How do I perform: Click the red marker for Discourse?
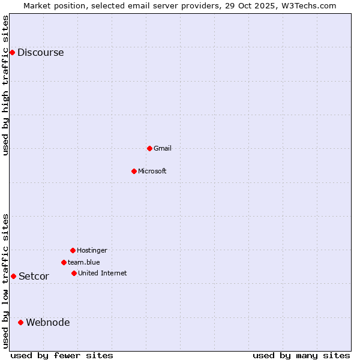(12, 52)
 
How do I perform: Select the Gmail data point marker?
(149, 148)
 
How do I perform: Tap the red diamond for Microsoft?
(134, 171)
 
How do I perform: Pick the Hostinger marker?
(73, 250)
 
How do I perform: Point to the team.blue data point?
(64, 262)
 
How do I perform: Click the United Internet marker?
(74, 273)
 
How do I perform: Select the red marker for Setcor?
(13, 276)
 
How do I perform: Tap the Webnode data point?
(20, 322)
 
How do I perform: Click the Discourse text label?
(40, 52)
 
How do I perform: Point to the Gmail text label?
(163, 148)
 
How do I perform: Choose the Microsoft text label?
(152, 171)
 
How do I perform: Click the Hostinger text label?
(92, 250)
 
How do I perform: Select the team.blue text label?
(84, 262)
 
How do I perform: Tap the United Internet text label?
(103, 273)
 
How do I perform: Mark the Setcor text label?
(34, 276)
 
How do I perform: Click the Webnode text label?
(48, 322)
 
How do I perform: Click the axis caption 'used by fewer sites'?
(62, 355)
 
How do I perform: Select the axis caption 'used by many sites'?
(301, 355)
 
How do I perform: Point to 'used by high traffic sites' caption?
(5, 85)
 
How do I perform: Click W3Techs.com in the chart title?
(307, 5)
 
